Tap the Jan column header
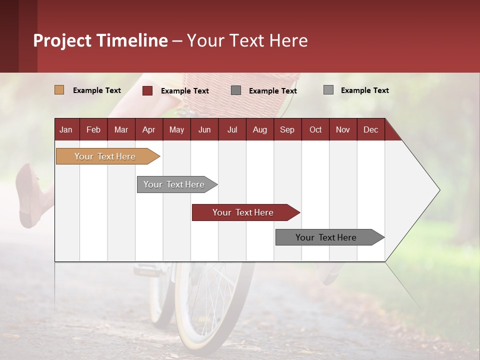click(66, 129)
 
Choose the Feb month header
click(93, 129)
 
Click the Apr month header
click(148, 129)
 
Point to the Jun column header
click(204, 129)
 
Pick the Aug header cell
click(259, 129)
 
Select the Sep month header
click(287, 129)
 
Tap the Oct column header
click(315, 129)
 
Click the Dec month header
click(370, 129)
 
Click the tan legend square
click(59, 90)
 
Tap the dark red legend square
click(147, 90)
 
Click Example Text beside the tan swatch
click(97, 90)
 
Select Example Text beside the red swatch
click(185, 91)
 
